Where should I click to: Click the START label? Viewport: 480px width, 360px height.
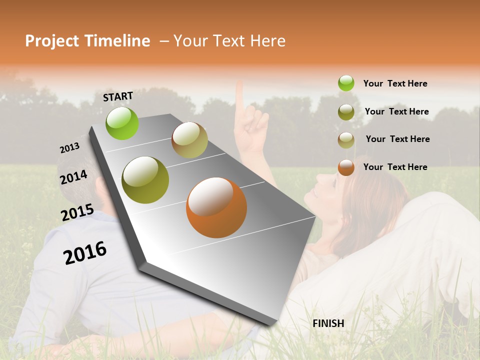point(118,96)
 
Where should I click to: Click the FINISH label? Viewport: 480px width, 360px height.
point(328,323)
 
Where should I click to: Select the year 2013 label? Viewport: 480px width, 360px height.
point(69,148)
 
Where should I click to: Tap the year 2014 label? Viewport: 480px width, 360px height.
point(73,177)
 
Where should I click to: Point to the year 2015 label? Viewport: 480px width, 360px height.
point(77,212)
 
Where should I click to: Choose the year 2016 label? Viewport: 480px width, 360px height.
point(85,252)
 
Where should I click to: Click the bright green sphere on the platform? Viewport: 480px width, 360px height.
point(122,123)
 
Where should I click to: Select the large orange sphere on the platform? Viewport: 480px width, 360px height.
point(216,207)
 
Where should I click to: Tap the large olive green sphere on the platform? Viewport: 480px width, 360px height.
point(145,179)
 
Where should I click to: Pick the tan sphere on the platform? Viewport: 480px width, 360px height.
point(189,140)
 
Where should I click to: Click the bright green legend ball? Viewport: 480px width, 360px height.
point(346,83)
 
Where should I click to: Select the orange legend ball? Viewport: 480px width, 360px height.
point(346,167)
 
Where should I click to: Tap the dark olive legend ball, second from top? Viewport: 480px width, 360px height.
point(346,111)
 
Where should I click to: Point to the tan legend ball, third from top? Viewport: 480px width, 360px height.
point(346,139)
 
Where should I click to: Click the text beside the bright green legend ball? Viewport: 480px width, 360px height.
point(395,83)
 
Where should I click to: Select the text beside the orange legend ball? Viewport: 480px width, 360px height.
point(395,167)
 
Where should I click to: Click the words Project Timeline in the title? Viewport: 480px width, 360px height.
point(87,41)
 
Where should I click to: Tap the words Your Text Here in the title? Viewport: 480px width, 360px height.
point(229,41)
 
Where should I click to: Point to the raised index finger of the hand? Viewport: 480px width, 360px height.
point(239,97)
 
